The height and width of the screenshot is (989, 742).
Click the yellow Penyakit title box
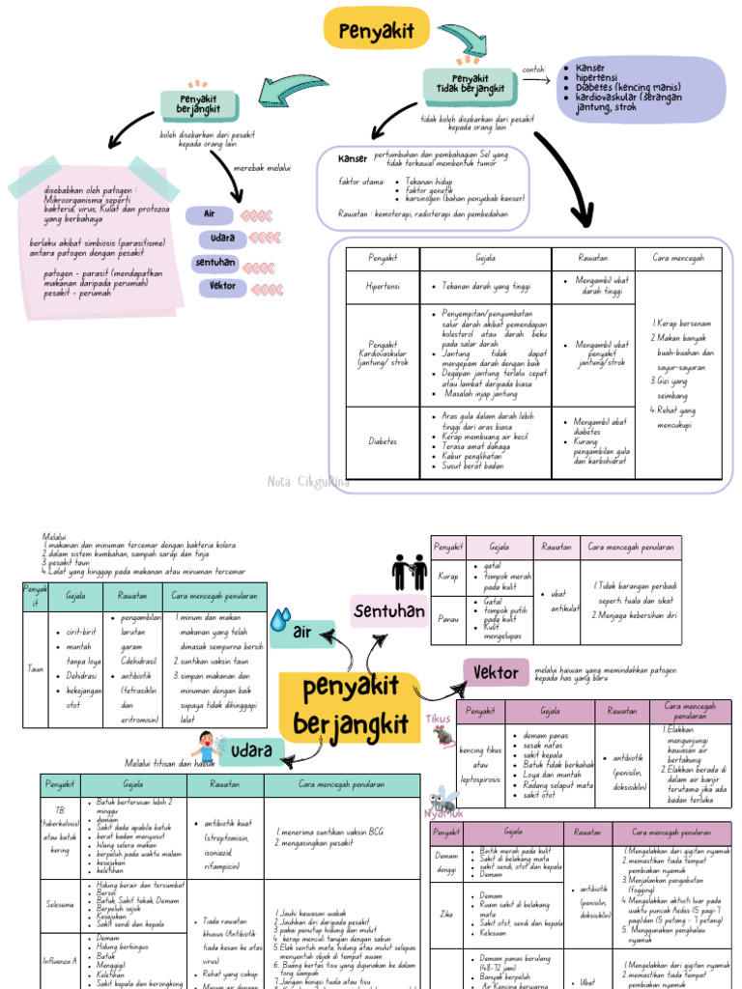point(376,29)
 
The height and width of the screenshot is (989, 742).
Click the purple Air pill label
point(209,213)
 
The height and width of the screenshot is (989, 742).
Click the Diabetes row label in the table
point(382,440)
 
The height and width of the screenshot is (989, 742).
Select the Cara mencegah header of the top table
point(678,258)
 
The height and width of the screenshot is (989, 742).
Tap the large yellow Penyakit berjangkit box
point(350,706)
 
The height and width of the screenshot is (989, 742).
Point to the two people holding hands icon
point(409,573)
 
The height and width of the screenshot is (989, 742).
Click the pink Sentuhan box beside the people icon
point(388,610)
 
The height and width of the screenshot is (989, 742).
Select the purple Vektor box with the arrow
point(496,673)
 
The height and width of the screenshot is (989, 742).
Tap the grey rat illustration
point(442,736)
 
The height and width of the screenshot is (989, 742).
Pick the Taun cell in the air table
point(35,666)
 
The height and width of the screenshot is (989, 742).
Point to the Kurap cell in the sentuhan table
point(447,576)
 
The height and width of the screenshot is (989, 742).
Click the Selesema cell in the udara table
point(60,905)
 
